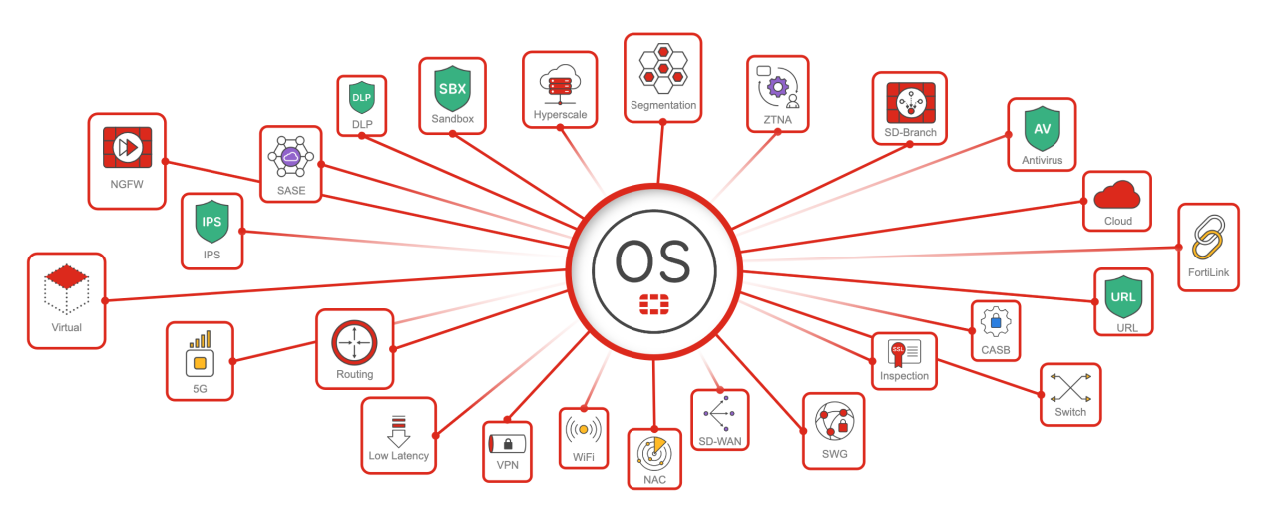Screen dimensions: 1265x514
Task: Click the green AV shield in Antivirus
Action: point(1042,128)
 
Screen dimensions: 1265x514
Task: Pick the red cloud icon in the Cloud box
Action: point(1116,193)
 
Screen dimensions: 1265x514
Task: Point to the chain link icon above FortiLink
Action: point(1208,237)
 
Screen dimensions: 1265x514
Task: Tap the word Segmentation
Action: point(663,105)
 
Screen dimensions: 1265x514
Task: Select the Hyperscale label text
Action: point(559,115)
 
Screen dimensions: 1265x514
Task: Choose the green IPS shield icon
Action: point(211,222)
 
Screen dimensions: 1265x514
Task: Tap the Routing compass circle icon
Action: point(354,343)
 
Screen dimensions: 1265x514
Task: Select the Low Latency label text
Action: point(398,456)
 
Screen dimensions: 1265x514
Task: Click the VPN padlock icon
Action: point(507,444)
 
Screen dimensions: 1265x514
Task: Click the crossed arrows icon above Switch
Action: point(1070,387)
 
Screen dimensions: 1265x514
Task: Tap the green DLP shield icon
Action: point(361,98)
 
